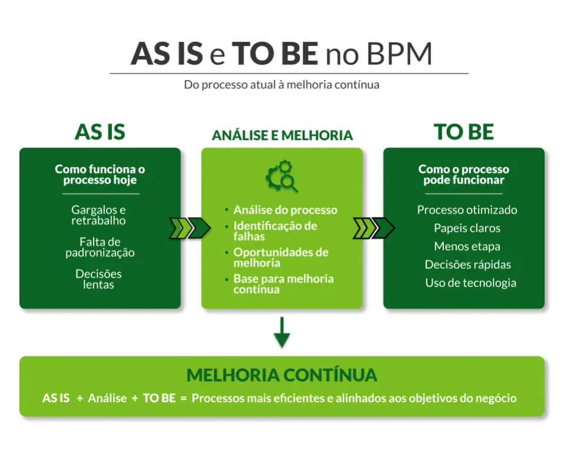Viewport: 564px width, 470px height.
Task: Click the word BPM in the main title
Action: (399, 54)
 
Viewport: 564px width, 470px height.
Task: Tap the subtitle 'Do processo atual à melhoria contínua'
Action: (281, 85)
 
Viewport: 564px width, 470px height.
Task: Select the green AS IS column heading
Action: (100, 132)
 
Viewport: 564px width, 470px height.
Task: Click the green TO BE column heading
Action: (463, 132)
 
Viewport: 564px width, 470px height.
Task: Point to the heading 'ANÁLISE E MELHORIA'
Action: (282, 135)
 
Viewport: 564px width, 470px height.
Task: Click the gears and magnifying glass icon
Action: (282, 176)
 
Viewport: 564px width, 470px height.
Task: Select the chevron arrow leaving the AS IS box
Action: (190, 228)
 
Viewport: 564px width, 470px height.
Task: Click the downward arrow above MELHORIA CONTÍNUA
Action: (282, 332)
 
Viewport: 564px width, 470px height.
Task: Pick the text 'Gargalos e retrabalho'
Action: (99, 215)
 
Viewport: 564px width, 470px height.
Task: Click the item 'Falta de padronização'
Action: (100, 247)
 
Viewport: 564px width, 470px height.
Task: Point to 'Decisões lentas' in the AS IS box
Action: (99, 279)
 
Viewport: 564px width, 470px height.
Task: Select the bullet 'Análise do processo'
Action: (285, 210)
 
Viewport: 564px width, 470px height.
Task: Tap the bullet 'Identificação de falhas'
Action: (275, 231)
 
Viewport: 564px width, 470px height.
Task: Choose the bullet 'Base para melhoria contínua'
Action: (283, 284)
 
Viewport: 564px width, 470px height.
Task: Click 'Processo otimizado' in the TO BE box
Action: (467, 210)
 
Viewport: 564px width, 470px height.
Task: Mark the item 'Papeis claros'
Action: (467, 228)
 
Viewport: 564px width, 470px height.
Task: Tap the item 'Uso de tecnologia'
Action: (470, 283)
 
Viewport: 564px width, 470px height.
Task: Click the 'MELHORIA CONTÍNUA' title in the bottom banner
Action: (282, 375)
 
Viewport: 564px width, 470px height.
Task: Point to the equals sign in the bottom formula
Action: (184, 398)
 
